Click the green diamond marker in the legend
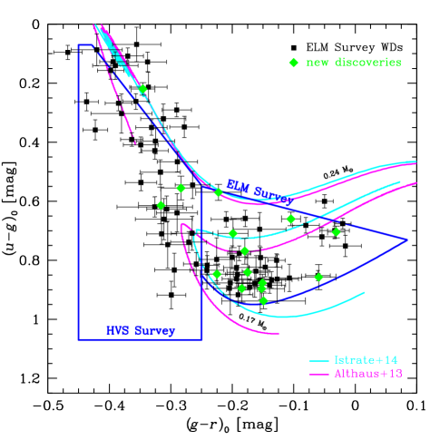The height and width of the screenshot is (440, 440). coord(293,63)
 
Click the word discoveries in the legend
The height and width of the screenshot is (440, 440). coord(367,63)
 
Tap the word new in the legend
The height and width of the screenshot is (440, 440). coord(318,63)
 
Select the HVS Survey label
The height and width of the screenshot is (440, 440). coord(141,331)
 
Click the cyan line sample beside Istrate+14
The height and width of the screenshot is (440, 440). coord(318,360)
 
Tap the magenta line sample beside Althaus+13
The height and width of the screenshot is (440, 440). coord(318,374)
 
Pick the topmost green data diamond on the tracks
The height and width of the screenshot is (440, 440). coord(142,89)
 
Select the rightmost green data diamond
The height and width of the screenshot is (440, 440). coord(337,231)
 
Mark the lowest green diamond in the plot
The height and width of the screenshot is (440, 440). coord(264,300)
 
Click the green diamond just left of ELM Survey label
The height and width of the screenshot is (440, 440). coord(218,191)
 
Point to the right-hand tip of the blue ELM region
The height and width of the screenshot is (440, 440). coord(406,240)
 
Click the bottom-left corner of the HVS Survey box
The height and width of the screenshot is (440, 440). coord(79,339)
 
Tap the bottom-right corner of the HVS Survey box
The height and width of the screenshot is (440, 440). coord(201,339)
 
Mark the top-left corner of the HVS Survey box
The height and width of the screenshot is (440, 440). coord(79,44)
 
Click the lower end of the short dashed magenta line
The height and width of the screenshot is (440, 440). coord(135,143)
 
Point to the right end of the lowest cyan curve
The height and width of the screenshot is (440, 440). coord(365,292)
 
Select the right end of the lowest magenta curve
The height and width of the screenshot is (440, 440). coord(279,334)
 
